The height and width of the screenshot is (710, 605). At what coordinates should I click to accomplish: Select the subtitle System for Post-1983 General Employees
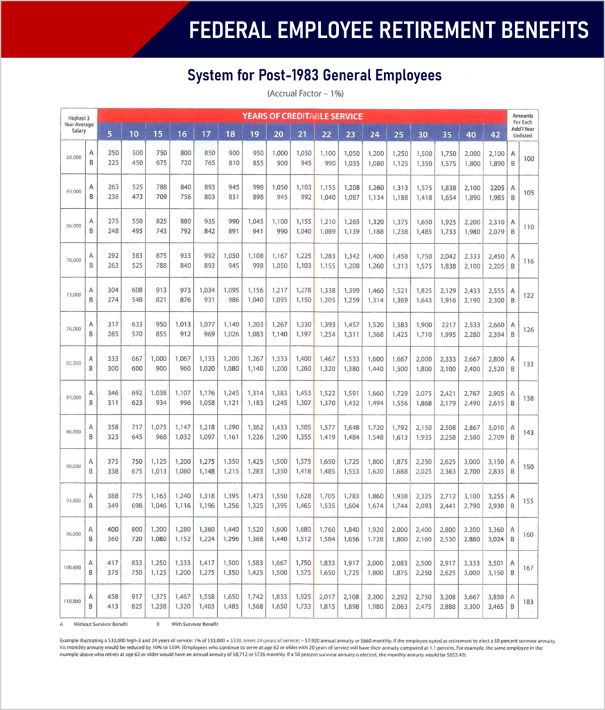(315, 75)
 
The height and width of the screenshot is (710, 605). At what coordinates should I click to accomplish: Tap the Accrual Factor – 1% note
(306, 93)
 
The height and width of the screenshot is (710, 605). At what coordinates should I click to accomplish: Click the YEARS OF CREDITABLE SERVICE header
(302, 116)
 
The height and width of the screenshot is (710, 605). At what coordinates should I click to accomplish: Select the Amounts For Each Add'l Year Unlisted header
(523, 125)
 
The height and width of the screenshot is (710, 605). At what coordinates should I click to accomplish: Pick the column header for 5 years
(109, 134)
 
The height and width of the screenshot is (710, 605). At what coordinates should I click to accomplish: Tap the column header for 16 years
(183, 134)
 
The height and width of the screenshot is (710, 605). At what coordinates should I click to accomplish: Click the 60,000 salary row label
(73, 158)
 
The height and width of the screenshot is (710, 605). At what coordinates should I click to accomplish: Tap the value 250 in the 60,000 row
(109, 153)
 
